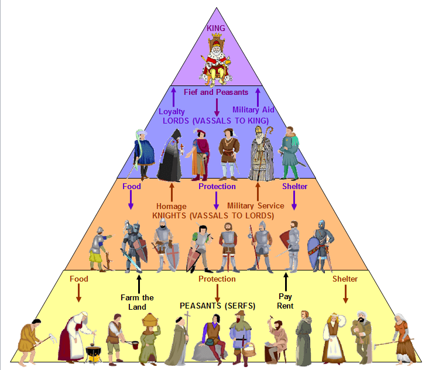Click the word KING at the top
216,28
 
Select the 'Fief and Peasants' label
216,92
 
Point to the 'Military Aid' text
253,109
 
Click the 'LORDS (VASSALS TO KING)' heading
216,119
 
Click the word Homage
172,205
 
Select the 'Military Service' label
256,205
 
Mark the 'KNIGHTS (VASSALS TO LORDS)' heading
212,215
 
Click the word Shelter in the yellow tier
345,279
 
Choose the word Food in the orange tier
131,187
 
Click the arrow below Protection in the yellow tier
217,292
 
